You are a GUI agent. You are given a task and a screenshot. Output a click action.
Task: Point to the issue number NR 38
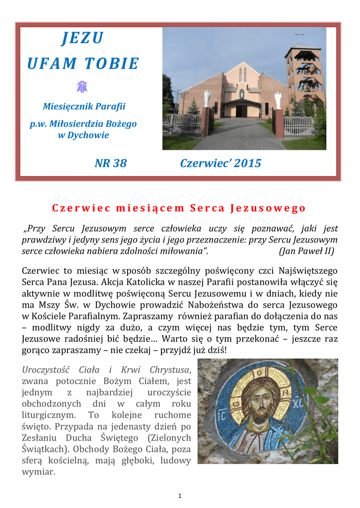(110, 163)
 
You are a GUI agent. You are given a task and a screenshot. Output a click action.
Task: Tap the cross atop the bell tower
(299, 36)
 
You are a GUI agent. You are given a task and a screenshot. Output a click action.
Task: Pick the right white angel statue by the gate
(278, 99)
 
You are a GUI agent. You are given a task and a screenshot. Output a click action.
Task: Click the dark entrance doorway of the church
(242, 110)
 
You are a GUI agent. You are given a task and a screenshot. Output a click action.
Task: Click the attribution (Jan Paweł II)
(306, 251)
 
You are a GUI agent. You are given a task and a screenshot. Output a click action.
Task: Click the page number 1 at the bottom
(180, 496)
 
